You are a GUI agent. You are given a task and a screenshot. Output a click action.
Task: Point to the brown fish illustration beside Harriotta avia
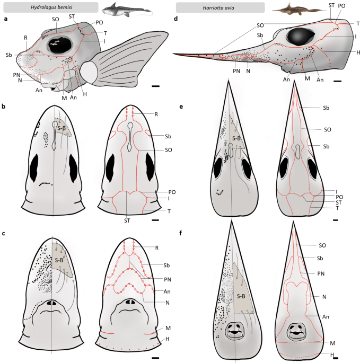tap(297, 8)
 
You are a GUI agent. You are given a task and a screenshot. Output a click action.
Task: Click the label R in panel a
tap(25, 38)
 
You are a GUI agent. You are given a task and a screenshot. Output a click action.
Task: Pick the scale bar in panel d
tap(337, 82)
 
